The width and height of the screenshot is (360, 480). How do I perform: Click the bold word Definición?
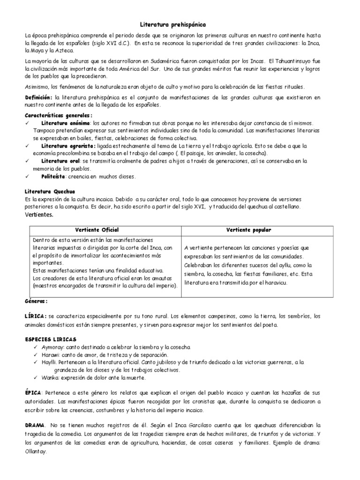tap(37, 97)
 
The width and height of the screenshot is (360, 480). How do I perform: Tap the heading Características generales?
tap(58, 115)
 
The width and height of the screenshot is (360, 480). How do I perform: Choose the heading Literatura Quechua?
tap(49, 192)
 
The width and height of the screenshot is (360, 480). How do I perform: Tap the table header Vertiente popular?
tap(248, 230)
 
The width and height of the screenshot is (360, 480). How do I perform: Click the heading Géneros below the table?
tap(36, 301)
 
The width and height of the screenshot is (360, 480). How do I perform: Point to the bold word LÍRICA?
tap(35, 316)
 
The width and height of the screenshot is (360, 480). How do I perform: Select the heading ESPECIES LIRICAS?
tap(51, 339)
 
